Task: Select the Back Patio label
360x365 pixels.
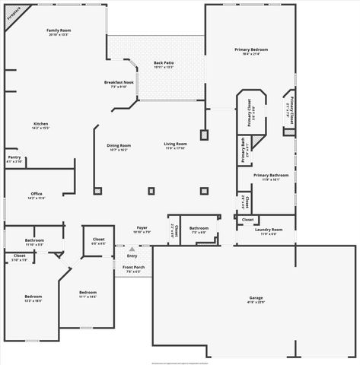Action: [x=164, y=63]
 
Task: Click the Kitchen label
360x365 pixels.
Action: [x=40, y=124]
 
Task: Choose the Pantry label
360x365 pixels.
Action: [x=14, y=158]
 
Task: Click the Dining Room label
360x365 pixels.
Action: [x=118, y=145]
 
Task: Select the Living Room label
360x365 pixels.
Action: [x=176, y=144]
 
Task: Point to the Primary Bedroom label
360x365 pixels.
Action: [x=250, y=49]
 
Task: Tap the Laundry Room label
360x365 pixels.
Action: [x=269, y=229]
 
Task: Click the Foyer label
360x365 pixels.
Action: [x=142, y=227]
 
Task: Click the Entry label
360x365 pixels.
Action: [x=132, y=255]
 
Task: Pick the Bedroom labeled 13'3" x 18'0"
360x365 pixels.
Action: [x=33, y=296]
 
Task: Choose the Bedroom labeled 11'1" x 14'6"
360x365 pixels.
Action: [x=88, y=292]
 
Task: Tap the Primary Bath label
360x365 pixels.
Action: [x=242, y=142]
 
